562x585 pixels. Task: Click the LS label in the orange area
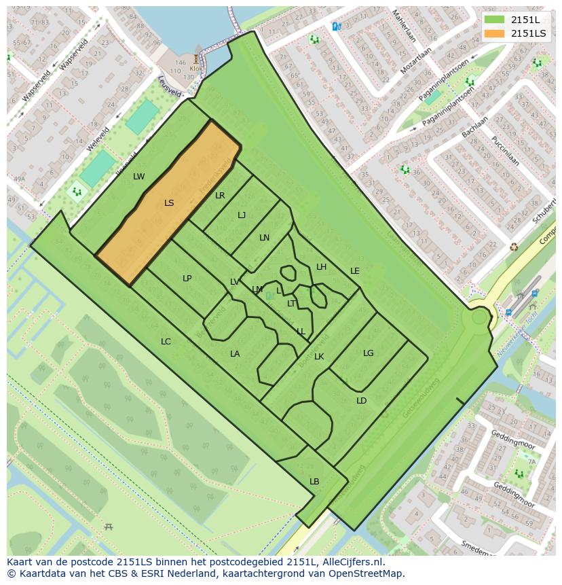point(169,202)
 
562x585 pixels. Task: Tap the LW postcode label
point(138,177)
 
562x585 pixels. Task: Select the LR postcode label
point(220,196)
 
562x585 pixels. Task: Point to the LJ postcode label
point(242,215)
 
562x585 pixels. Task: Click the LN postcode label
point(264,238)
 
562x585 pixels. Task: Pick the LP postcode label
point(187,279)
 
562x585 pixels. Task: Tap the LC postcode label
point(166,342)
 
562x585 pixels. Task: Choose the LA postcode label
point(235,354)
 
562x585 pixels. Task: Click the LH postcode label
point(321,267)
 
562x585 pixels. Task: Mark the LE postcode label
point(354,271)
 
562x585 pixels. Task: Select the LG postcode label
point(368,353)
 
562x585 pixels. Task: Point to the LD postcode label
point(361,401)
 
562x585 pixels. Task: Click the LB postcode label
point(314,482)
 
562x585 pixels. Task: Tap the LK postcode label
point(319,357)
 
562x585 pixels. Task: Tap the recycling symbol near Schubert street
point(514,247)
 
